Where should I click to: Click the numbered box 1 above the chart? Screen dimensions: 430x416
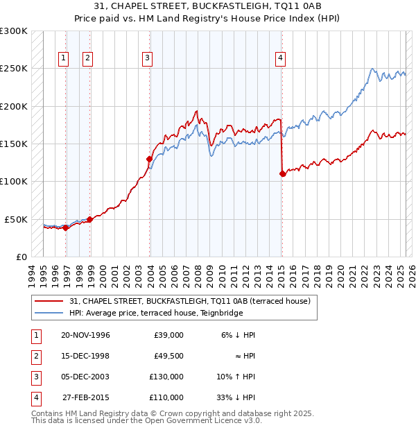click(63, 59)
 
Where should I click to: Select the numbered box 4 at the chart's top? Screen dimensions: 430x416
click(280, 59)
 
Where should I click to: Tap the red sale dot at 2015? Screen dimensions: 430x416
click(282, 174)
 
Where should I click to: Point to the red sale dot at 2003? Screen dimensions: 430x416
click(149, 159)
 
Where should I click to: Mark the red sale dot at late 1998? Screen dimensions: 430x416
click(89, 219)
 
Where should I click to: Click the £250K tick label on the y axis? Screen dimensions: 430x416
click(14, 69)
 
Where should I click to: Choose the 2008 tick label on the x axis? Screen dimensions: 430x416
click(198, 274)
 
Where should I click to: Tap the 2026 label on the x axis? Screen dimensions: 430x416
click(411, 274)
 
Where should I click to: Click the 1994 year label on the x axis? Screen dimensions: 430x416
click(31, 274)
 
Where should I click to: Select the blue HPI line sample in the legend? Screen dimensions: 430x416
click(49, 313)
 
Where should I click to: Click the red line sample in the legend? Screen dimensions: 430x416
click(49, 301)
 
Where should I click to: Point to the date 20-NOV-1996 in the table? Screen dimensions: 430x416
click(85, 335)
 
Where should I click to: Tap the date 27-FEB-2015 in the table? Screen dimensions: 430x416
click(85, 397)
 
